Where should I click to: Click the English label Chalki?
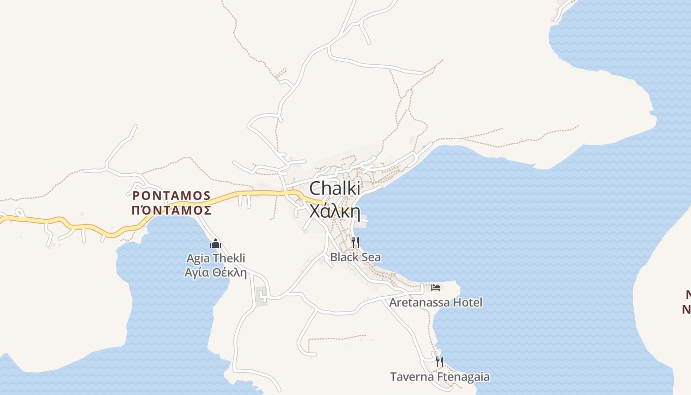tap(335, 189)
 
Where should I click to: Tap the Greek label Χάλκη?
tap(335, 211)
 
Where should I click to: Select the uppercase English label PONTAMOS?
tap(172, 196)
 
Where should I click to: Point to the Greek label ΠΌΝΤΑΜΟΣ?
tap(172, 210)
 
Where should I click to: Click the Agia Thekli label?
tap(216, 258)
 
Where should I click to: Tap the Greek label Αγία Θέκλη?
tap(216, 273)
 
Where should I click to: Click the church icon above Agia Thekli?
tap(216, 243)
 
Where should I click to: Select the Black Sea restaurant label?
tap(355, 257)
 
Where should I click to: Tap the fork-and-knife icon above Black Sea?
tap(355, 242)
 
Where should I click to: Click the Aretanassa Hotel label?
tap(436, 302)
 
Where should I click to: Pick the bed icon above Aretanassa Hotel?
tap(436, 287)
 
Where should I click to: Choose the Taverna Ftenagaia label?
tap(440, 377)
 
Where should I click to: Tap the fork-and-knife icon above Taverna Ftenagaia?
tap(440, 361)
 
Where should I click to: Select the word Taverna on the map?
tap(412, 377)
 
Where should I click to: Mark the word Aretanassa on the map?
tap(419, 302)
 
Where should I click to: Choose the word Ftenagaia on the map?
tap(462, 377)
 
